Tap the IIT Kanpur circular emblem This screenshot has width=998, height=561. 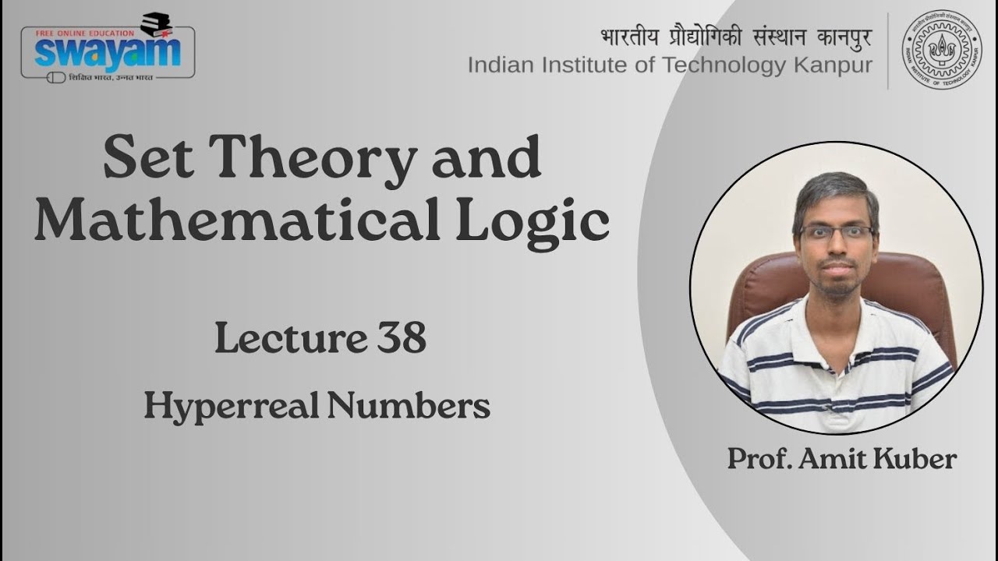[x=941, y=49]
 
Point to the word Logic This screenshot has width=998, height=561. [x=543, y=222]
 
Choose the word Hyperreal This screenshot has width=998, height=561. [x=228, y=407]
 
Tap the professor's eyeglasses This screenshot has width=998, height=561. [x=837, y=232]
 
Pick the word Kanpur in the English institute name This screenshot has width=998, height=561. [x=833, y=65]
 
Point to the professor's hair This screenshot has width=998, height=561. [x=834, y=191]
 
